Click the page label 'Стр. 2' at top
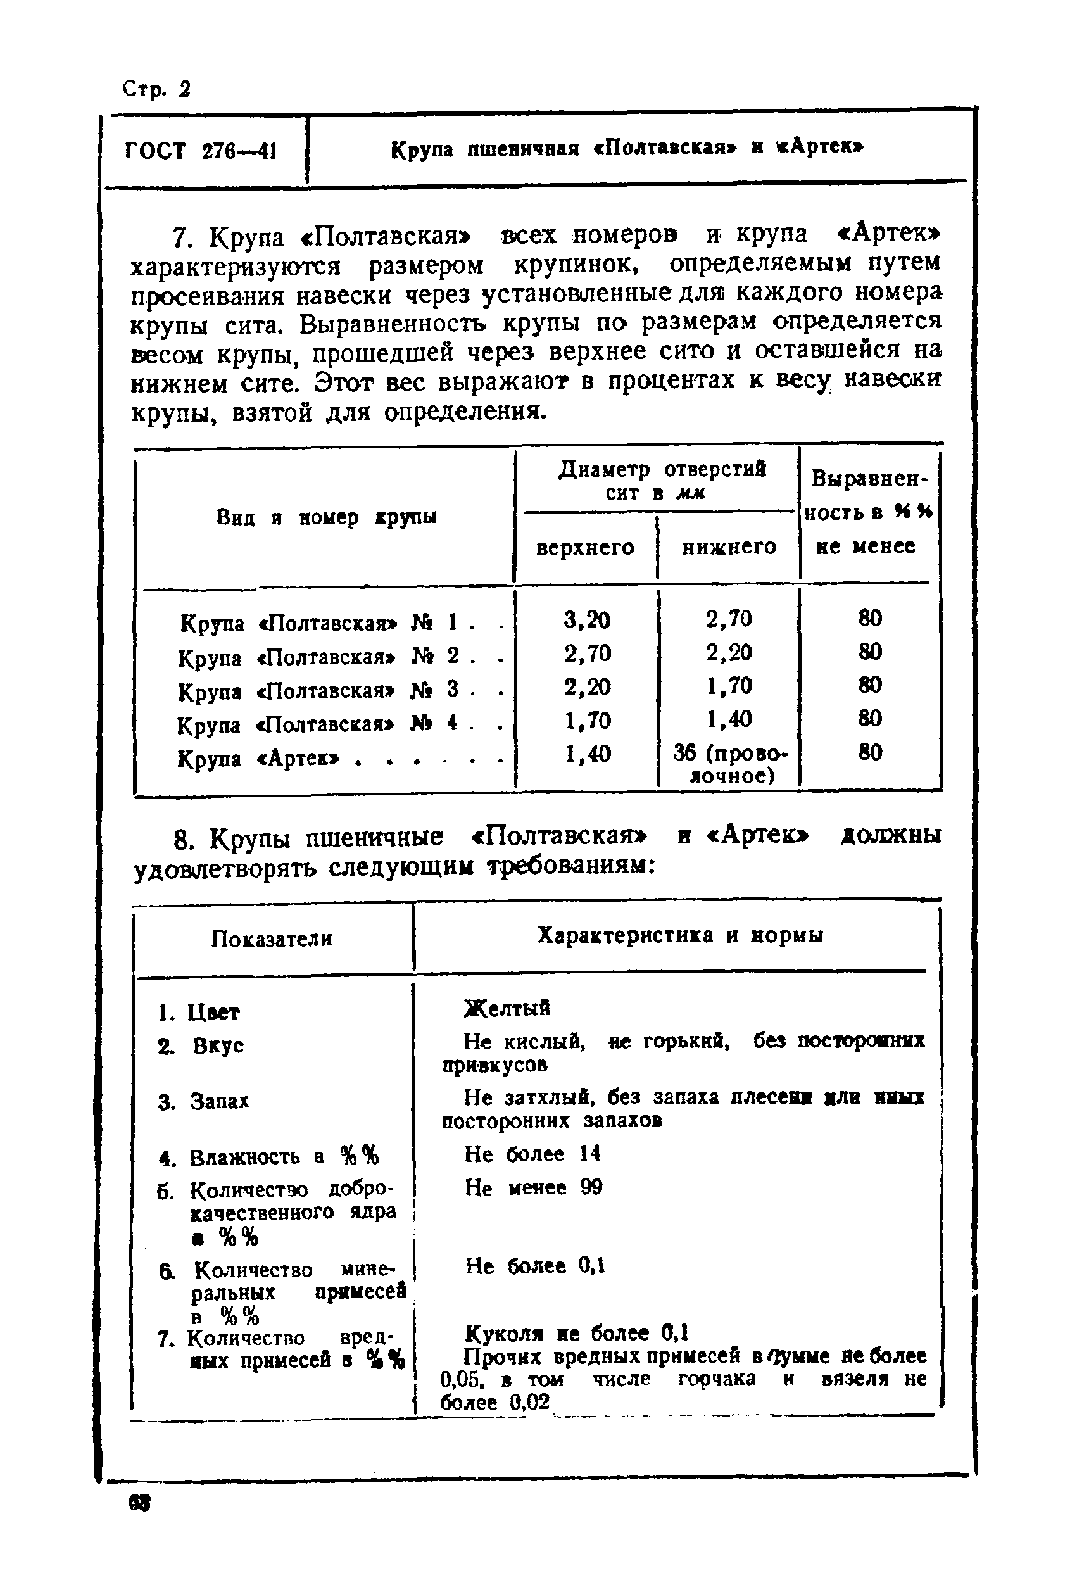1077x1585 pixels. pos(156,89)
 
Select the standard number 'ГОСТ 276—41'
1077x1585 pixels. pos(201,150)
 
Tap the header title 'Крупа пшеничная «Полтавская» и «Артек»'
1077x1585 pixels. pos(627,148)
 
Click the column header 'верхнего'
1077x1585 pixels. pos(585,548)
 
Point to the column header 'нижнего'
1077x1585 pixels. pos(729,547)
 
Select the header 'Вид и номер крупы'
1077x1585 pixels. pos(326,517)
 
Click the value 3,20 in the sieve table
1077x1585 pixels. pos(586,619)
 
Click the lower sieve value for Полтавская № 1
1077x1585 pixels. pos(729,619)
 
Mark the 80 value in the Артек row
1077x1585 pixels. pos(870,752)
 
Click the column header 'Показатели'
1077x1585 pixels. pos(272,939)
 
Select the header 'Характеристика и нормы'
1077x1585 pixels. pos(679,935)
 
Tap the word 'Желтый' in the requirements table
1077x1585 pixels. pos(507,1008)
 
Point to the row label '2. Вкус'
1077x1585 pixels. pos(201,1045)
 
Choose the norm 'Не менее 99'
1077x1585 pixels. pos(533,1188)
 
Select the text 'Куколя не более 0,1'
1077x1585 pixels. pos(576,1332)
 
